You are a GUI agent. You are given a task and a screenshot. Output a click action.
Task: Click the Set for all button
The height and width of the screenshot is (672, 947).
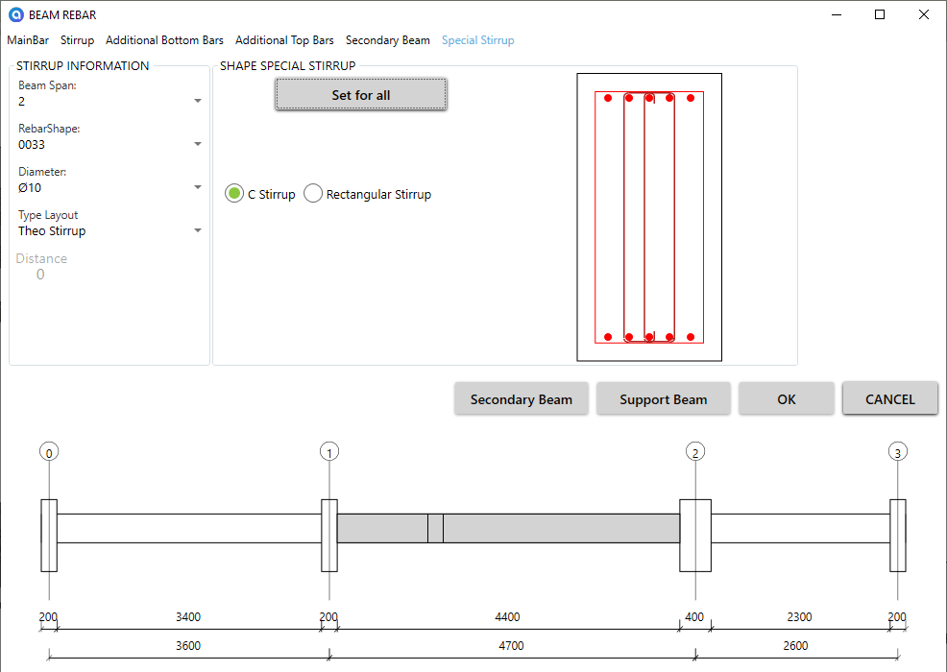click(361, 94)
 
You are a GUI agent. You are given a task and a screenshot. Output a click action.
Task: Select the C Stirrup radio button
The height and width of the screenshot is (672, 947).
click(234, 194)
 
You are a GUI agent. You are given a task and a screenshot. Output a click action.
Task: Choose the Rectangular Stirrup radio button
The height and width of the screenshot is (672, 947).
click(313, 194)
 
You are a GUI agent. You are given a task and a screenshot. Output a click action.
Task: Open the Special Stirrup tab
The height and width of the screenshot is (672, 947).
click(477, 40)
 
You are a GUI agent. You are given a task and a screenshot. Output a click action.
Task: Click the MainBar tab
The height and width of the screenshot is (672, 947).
click(28, 40)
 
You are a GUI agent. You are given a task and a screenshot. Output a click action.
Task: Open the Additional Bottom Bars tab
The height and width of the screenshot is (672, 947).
click(164, 40)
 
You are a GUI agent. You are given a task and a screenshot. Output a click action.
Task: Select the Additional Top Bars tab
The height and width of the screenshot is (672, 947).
click(284, 40)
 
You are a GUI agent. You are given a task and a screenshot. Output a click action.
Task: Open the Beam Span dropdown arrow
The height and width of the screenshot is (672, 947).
click(198, 101)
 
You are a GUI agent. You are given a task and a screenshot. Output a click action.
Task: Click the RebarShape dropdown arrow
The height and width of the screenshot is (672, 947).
click(198, 144)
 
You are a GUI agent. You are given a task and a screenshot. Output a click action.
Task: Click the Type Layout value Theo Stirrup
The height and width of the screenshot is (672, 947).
click(52, 231)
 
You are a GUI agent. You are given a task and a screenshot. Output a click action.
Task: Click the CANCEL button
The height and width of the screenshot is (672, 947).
click(890, 399)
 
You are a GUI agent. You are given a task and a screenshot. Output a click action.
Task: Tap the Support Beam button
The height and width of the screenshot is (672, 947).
click(663, 399)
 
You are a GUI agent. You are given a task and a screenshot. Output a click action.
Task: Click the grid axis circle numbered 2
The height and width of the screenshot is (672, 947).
click(695, 451)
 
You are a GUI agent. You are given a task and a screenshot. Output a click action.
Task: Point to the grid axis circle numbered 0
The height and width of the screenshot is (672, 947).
click(49, 451)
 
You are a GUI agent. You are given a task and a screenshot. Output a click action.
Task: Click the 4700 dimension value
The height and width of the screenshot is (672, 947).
click(511, 645)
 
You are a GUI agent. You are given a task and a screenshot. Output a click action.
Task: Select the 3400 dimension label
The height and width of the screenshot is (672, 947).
click(188, 617)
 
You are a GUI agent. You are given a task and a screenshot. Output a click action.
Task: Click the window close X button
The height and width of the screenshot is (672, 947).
click(923, 14)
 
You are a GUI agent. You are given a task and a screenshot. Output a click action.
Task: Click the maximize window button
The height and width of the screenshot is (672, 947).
click(880, 14)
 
